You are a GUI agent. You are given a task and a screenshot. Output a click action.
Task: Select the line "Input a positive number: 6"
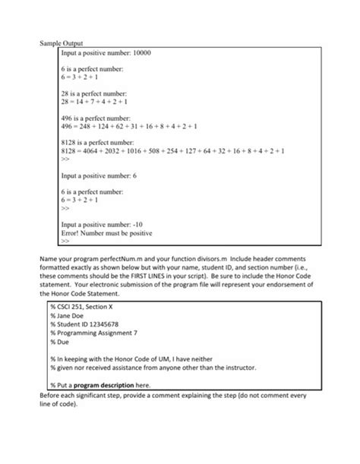pos(99,175)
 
